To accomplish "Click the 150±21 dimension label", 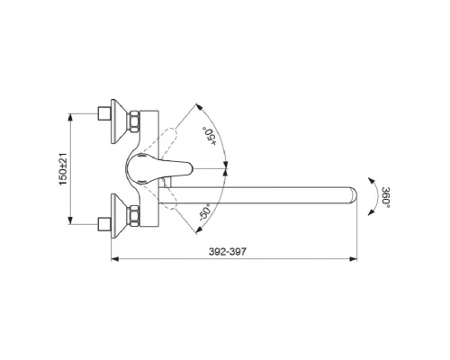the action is (x=63, y=169).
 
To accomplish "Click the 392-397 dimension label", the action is (x=228, y=251).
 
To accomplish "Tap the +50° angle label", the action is (x=210, y=136).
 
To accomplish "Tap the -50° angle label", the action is (x=205, y=212).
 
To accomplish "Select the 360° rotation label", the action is (x=386, y=197).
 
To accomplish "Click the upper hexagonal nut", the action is (x=134, y=121).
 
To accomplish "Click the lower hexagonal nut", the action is (x=134, y=215).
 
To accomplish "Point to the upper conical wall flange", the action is (x=118, y=121).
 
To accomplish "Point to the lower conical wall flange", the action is (x=118, y=216).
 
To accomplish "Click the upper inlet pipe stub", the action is (x=105, y=113).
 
